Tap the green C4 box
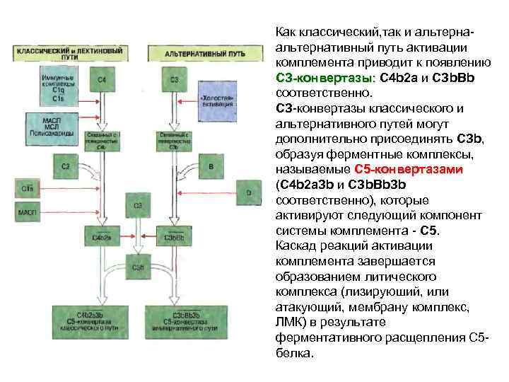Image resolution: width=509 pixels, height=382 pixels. pos(103,80)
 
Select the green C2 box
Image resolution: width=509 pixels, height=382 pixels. pos(66,166)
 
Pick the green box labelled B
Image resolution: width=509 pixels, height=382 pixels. pos(211,166)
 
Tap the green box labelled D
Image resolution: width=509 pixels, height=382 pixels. pos(248,192)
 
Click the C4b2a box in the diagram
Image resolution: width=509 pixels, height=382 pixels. pos(103,238)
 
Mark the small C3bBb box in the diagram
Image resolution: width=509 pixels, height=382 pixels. pos(174,238)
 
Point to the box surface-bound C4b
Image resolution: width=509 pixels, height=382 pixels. pos(103,139)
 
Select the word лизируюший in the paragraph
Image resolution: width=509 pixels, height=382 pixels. pos(378,292)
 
